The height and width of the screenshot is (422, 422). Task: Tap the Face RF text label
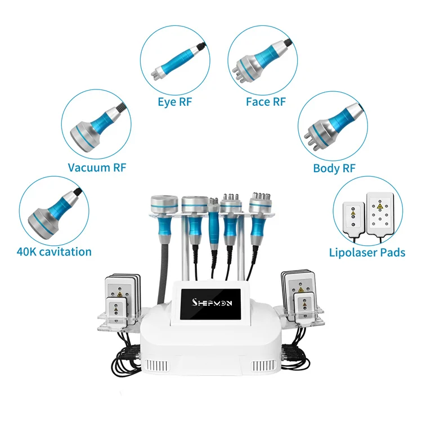[266, 102]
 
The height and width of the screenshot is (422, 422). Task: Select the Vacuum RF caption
[97, 167]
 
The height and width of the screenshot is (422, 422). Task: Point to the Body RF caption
[334, 168]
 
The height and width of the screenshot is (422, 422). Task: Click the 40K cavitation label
[55, 252]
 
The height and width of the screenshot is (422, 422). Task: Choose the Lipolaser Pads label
[367, 253]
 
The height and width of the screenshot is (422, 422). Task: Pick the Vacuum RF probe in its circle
[96, 125]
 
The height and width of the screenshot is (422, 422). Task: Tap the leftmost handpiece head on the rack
[161, 204]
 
